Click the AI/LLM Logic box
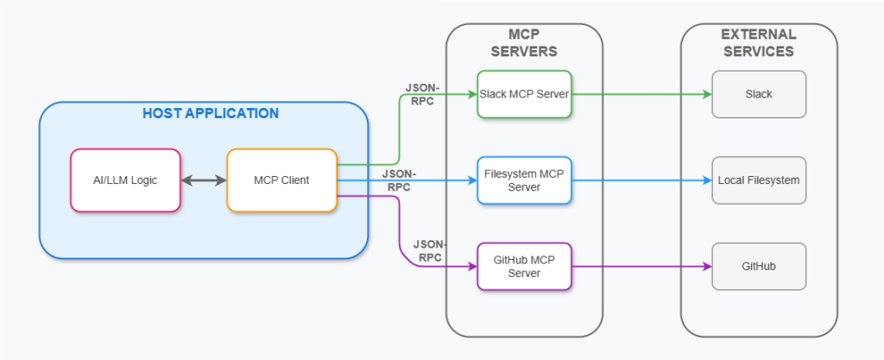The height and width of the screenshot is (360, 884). coord(125,180)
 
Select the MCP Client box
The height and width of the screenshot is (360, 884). coord(282,180)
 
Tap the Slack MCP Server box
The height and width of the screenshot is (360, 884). coord(524,94)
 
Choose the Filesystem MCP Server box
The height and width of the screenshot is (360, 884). coord(524,180)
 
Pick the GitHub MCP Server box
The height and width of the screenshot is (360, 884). coord(524,267)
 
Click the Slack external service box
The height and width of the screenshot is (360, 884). coord(759,94)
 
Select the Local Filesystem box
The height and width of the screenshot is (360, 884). coord(759,180)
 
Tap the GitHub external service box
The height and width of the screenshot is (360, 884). coord(759,267)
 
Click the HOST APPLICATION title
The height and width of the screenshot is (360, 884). coord(211,113)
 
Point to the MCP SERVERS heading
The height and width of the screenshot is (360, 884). coord(524,43)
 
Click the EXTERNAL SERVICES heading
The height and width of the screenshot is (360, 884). coord(759,43)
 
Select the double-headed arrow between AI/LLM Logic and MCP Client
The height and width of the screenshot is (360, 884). coord(204,180)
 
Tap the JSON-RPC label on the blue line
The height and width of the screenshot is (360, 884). coord(399,180)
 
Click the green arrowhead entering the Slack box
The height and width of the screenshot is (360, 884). coord(707,94)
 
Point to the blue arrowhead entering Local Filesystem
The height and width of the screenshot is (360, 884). coord(707,180)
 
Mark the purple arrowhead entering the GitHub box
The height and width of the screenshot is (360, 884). coord(707,267)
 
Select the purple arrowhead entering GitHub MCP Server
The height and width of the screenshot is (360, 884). coord(472,267)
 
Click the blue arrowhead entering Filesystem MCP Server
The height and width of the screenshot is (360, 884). coord(472,180)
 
